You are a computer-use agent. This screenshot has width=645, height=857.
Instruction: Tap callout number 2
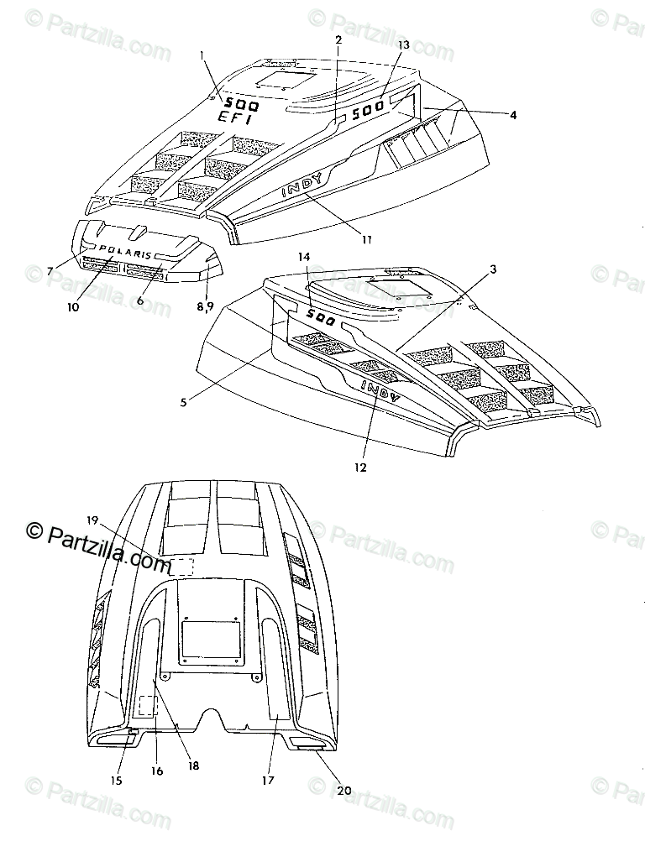click(x=338, y=39)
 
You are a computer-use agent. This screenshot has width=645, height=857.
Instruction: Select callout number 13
click(x=403, y=44)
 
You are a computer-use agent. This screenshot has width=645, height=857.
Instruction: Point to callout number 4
click(x=512, y=114)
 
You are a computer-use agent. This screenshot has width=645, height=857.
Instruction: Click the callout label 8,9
click(x=206, y=307)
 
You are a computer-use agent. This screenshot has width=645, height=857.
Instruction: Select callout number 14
click(x=303, y=259)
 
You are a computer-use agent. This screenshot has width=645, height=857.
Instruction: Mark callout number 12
click(x=360, y=468)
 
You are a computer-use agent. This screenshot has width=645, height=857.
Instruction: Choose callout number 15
click(x=116, y=781)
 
